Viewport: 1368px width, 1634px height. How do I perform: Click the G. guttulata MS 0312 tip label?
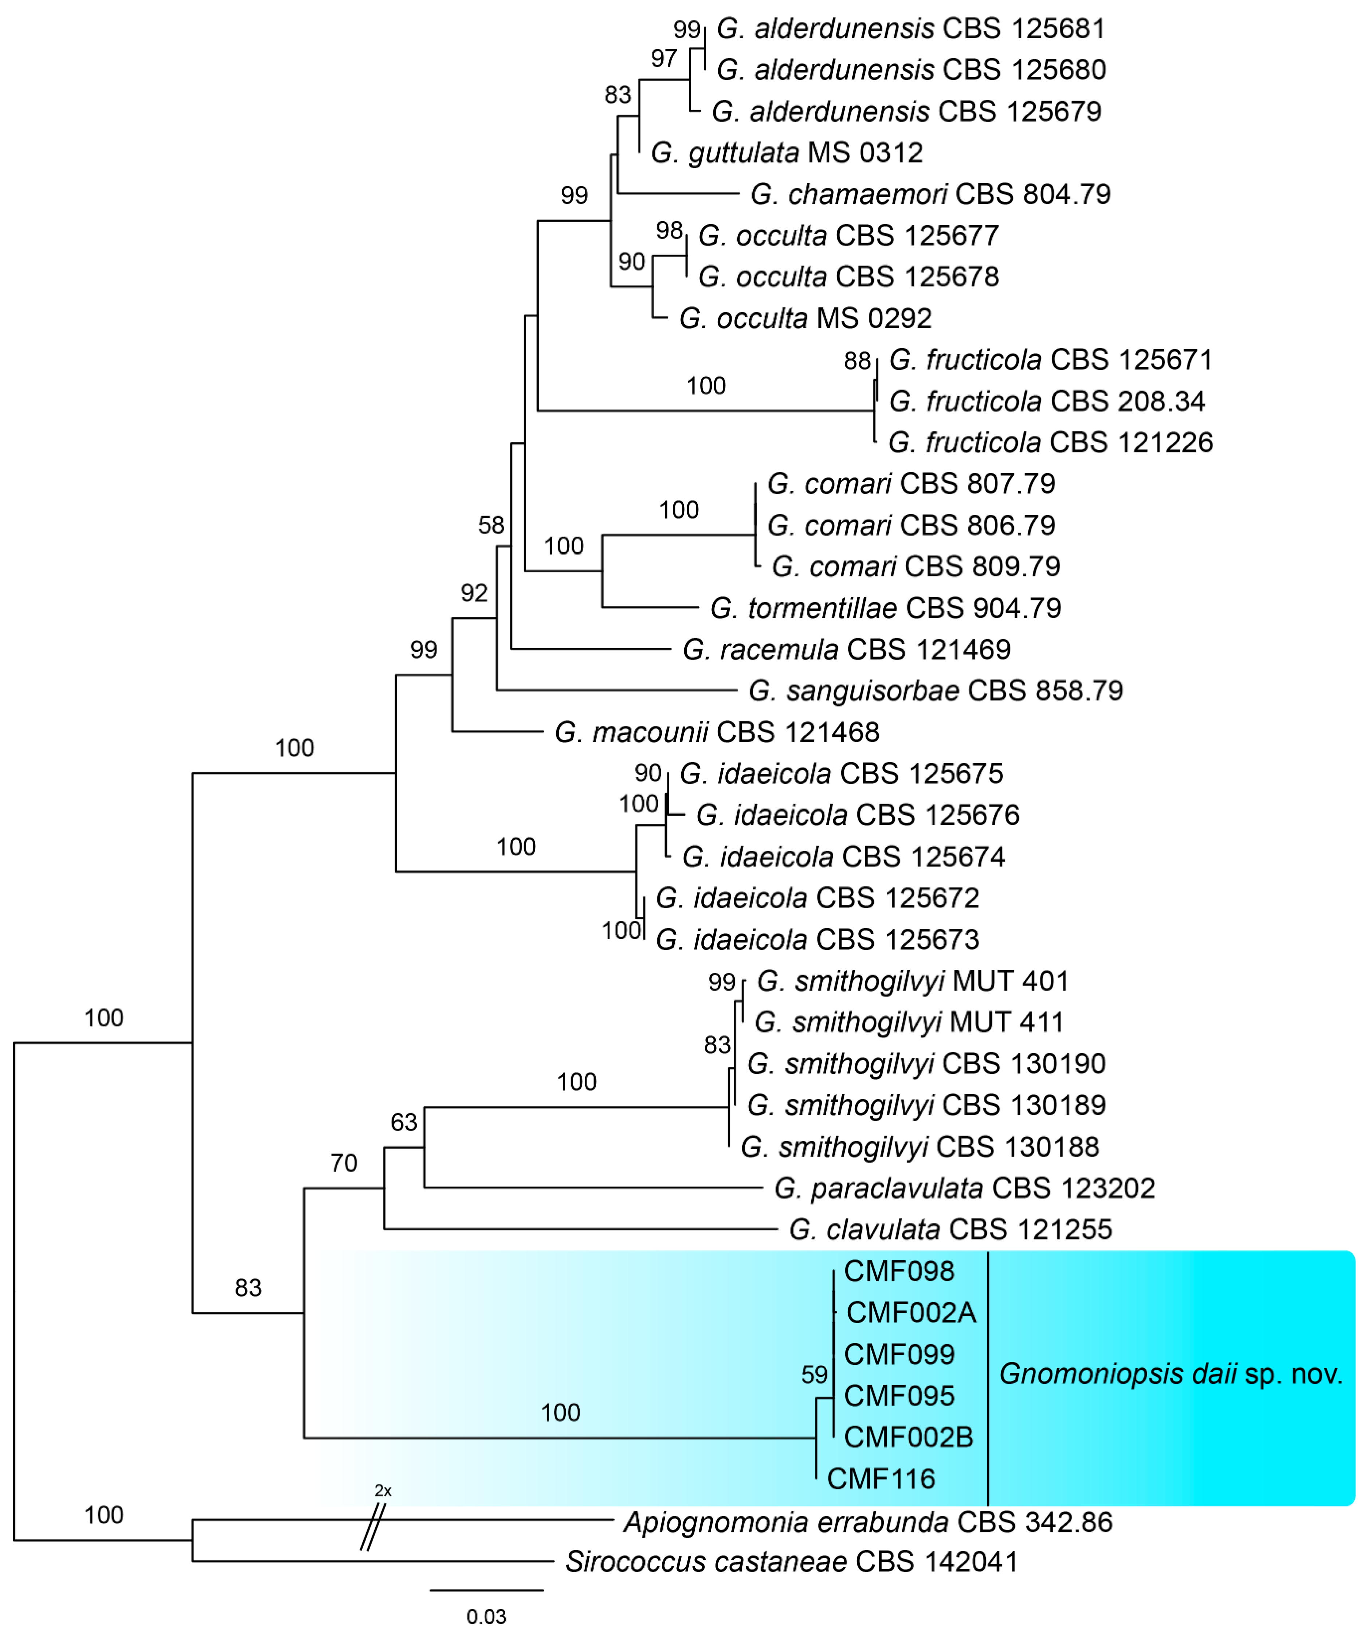[x=786, y=153]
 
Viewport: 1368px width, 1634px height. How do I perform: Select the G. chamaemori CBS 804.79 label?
[x=930, y=194]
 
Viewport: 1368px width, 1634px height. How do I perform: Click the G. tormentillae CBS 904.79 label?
[x=885, y=608]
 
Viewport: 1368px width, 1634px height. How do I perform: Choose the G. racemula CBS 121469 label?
[x=846, y=649]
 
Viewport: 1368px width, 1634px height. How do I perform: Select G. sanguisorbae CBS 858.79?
[x=935, y=690]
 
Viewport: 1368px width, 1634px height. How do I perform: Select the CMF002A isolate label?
[x=910, y=1313]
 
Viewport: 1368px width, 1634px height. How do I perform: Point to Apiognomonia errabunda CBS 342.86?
[x=868, y=1522]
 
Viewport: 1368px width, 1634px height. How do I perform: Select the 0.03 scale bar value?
[x=486, y=1617]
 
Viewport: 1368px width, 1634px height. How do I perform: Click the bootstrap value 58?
[x=491, y=525]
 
